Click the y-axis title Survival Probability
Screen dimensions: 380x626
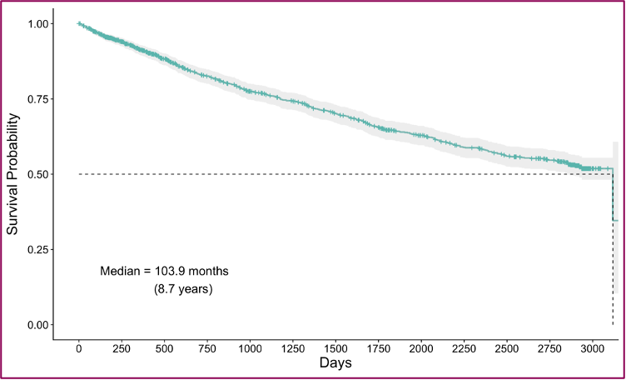point(14,174)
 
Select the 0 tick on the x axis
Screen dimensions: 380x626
point(79,347)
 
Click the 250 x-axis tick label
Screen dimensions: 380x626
point(122,347)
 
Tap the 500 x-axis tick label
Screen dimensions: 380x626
point(165,347)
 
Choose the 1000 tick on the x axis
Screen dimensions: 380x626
point(251,347)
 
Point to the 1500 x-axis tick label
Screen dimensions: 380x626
point(335,347)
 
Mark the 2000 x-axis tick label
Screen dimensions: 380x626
point(421,347)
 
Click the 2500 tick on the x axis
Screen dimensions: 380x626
point(507,347)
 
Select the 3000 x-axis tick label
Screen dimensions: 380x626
point(593,347)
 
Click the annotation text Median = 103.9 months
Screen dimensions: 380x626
point(164,272)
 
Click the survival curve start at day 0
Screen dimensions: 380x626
point(79,24)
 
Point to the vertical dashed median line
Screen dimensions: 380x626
point(613,267)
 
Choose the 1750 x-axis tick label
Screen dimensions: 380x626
point(379,347)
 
